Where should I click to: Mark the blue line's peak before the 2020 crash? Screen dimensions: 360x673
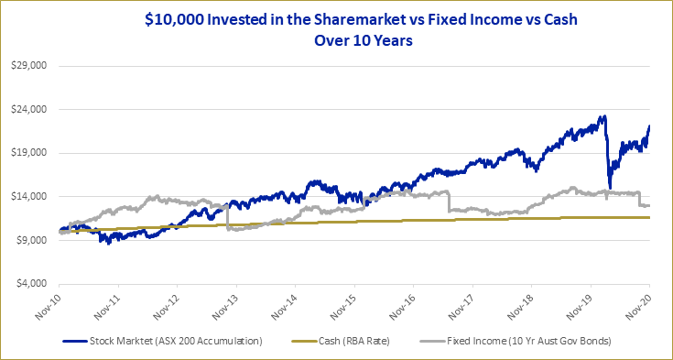pyautogui.click(x=603, y=116)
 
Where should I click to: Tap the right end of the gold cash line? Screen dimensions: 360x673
pyautogui.click(x=649, y=217)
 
